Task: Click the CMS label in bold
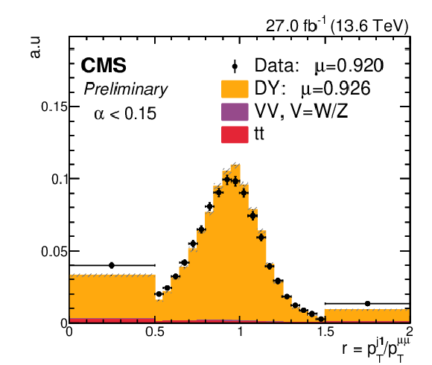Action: (104, 66)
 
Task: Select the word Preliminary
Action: (126, 89)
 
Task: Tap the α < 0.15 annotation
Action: (125, 113)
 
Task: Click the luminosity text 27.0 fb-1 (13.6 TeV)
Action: (337, 26)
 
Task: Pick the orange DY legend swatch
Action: (235, 89)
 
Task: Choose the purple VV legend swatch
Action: (235, 112)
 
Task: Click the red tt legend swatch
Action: (235, 134)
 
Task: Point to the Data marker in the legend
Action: (235, 66)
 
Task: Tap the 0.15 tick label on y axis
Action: (54, 107)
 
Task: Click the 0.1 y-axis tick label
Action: (60, 179)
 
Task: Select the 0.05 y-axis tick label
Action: (54, 252)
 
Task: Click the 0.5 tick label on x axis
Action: (155, 331)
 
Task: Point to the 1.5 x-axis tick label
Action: (325, 331)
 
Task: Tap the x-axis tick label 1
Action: (241, 331)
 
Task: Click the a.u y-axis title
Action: (35, 47)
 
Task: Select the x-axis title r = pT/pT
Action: (376, 349)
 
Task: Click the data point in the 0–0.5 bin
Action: (112, 265)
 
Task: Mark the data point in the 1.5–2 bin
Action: (367, 304)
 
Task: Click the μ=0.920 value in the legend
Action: (349, 66)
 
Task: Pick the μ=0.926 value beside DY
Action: (336, 89)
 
